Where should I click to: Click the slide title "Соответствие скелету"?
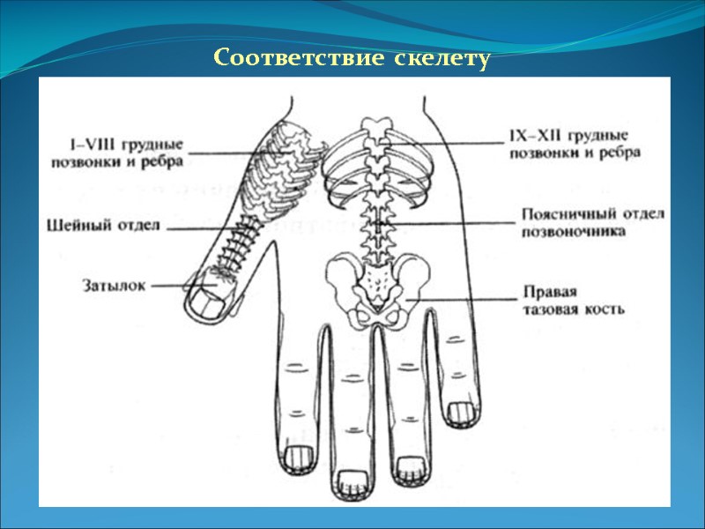coord(352,59)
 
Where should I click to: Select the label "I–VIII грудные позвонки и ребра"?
coord(127,151)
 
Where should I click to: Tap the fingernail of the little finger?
coord(461,411)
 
